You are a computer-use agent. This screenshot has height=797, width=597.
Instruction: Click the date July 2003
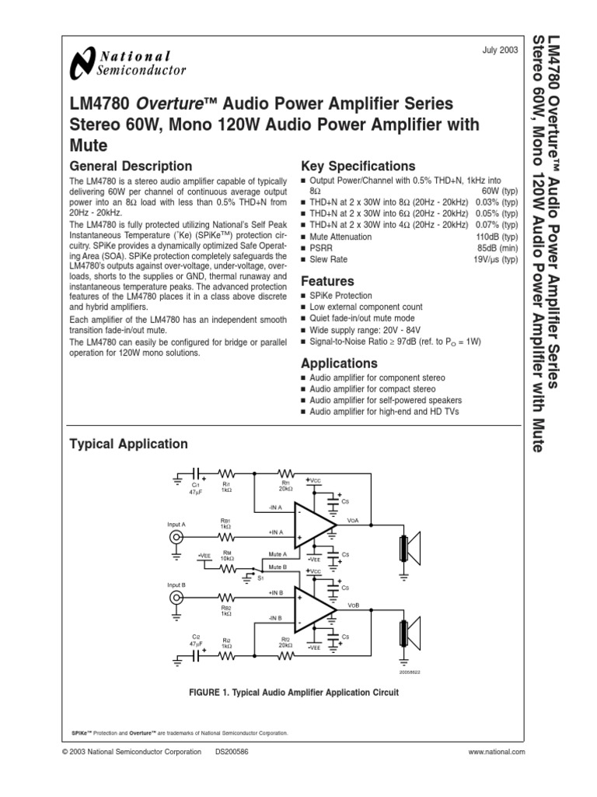(501, 50)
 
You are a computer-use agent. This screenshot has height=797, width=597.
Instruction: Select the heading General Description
(131, 166)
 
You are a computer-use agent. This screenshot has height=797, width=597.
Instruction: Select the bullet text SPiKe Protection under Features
(340, 296)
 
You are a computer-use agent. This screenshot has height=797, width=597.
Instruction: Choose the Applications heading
(339, 363)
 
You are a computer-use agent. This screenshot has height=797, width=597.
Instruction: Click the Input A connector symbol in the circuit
(178, 538)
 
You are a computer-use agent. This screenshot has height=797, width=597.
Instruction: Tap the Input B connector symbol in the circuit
(178, 598)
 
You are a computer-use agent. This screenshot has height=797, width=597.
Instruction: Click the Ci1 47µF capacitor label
(196, 488)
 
